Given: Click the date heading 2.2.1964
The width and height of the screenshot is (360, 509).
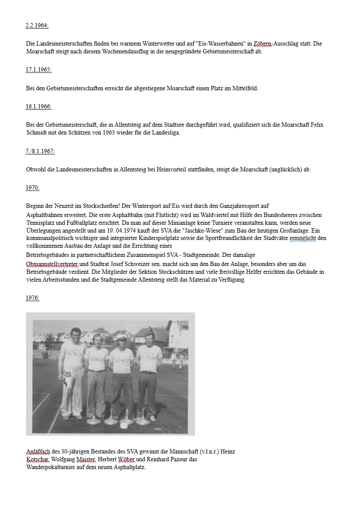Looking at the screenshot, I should pos(37,25).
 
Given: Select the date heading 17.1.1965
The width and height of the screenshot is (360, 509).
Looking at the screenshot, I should pos(39,69).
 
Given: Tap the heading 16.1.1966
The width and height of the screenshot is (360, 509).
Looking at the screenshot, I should pos(39,106).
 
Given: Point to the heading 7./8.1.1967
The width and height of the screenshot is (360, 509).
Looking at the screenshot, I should pos(40,151).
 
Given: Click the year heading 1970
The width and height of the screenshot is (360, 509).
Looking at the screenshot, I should pos(33,188).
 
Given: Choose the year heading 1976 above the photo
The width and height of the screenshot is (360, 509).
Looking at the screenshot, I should pos(33,298).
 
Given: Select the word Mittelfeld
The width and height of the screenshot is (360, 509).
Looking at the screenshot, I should pos(244,89).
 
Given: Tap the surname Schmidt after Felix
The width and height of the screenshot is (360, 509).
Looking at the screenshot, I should pos(37,133).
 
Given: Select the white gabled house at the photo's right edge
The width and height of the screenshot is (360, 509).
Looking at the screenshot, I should pos(178,334).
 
